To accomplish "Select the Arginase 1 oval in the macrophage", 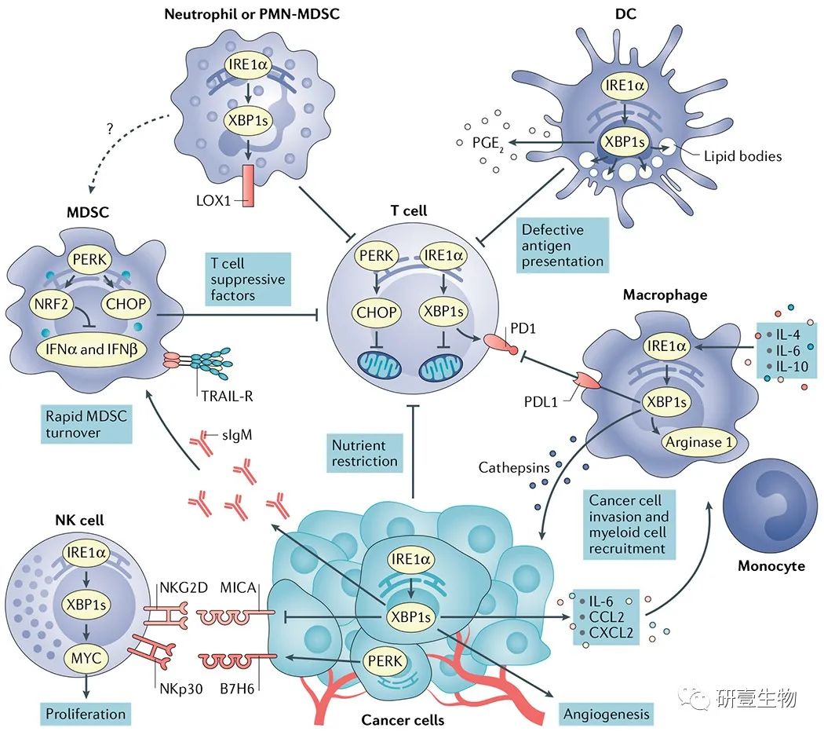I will (x=698, y=442).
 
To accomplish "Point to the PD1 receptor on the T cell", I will (x=501, y=342).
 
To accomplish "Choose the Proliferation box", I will (x=85, y=714).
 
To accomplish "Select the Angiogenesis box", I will (x=607, y=714).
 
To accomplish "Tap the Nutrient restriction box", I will (x=364, y=453).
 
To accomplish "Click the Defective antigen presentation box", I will (x=563, y=245).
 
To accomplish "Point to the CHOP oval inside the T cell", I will (x=377, y=313).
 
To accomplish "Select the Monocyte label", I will (x=771, y=565).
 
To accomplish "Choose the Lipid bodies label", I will (x=748, y=155).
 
